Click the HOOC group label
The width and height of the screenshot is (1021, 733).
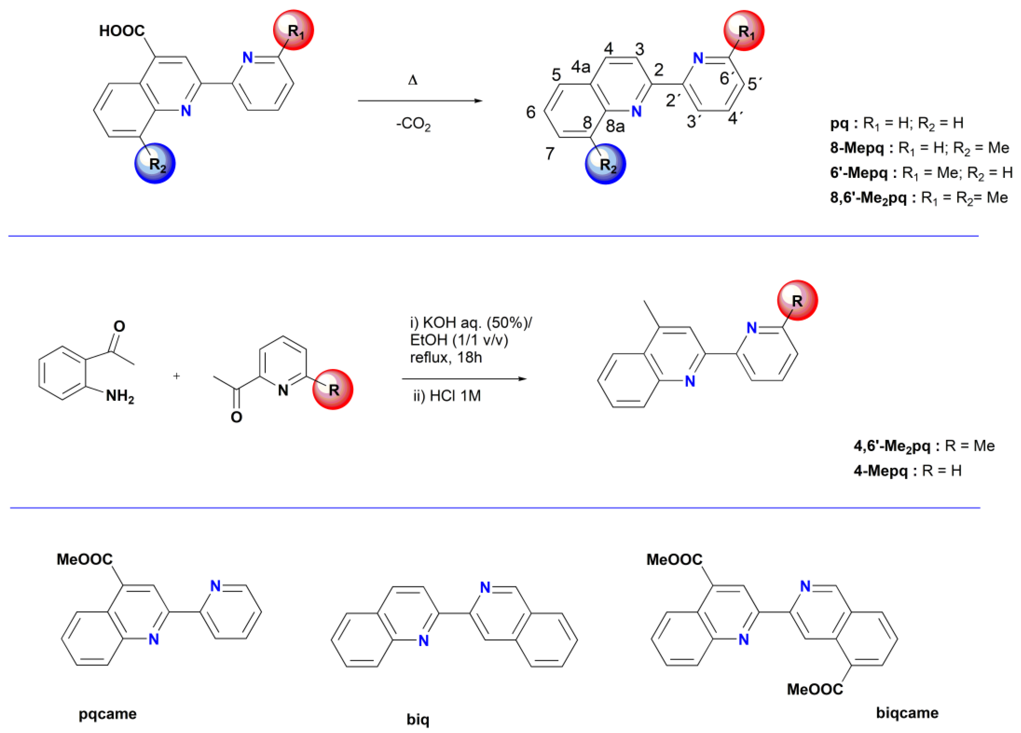[122, 31]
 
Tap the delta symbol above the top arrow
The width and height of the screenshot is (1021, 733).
[412, 81]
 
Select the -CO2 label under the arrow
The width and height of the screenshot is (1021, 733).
[413, 124]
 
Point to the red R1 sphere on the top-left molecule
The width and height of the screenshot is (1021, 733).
[294, 30]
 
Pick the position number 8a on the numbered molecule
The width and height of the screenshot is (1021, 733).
[615, 127]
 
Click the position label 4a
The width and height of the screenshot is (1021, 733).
[581, 67]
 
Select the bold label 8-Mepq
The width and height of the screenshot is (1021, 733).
[857, 148]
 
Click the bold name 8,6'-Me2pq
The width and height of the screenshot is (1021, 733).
[868, 198]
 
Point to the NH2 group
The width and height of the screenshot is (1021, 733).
[120, 397]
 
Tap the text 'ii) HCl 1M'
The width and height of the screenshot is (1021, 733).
[447, 396]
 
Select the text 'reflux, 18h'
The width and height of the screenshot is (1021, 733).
[446, 357]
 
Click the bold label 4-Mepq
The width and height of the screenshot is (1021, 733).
[880, 471]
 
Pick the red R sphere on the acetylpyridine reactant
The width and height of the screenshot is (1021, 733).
[333, 389]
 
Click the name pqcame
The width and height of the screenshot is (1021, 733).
[108, 714]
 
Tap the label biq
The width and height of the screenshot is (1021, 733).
[418, 719]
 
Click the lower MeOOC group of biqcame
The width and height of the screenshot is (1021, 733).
[815, 689]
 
